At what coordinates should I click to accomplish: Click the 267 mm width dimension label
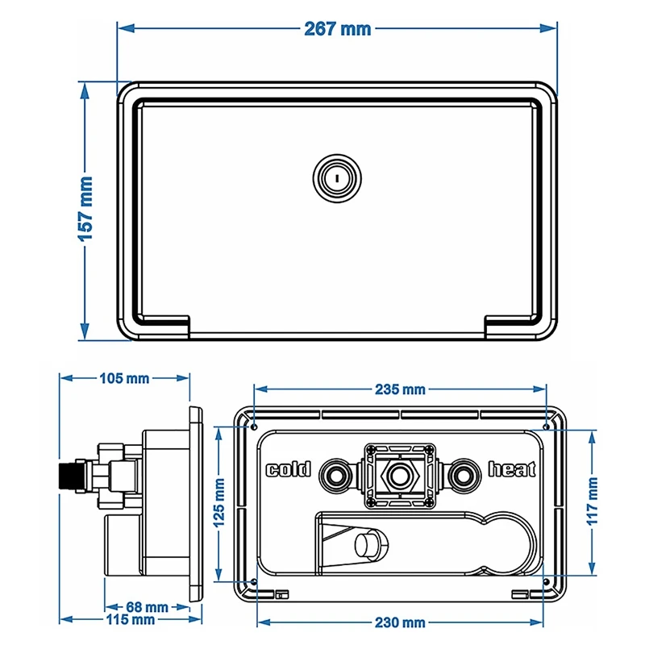[338, 28]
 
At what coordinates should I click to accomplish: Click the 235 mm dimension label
[400, 389]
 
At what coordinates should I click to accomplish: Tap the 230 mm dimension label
[400, 622]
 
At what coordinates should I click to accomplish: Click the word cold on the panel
[289, 470]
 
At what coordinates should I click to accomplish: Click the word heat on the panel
[511, 470]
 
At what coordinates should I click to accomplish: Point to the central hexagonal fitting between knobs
[399, 476]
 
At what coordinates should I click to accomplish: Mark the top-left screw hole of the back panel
[254, 424]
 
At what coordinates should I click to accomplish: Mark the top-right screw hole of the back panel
[546, 424]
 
